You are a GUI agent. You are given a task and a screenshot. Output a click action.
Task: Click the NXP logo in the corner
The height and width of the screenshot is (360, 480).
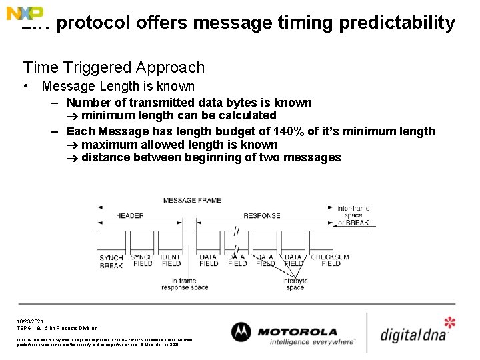[25, 13]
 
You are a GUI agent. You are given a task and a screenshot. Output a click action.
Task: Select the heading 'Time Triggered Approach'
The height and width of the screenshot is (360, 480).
[113, 67]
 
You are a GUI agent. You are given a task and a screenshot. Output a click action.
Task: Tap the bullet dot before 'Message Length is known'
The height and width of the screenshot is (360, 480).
[25, 86]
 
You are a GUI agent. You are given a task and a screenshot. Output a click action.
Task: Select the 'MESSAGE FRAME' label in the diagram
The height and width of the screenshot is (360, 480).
[192, 200]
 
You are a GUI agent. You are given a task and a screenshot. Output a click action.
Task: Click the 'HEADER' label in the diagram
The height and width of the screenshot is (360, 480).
[129, 216]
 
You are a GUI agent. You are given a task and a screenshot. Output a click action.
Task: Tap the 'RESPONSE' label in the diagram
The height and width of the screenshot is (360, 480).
[261, 216]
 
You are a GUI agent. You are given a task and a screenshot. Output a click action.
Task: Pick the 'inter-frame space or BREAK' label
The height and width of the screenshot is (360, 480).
[353, 215]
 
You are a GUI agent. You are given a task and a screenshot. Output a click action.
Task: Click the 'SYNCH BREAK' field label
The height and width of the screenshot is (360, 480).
[111, 261]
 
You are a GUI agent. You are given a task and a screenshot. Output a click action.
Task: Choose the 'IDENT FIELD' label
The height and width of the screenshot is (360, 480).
[171, 260]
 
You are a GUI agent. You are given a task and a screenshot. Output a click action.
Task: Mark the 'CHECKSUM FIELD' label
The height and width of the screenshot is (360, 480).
[330, 260]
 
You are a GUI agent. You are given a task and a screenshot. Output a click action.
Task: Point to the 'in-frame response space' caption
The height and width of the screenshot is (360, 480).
[185, 284]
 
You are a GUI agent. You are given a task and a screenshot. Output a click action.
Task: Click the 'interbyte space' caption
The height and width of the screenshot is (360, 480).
[295, 284]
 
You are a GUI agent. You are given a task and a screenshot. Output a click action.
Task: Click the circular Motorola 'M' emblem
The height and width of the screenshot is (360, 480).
[241, 332]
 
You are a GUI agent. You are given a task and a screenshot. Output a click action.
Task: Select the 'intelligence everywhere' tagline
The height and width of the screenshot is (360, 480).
[312, 342]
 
